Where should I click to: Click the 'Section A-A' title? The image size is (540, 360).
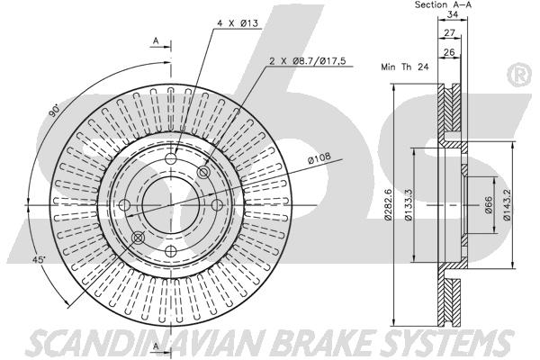(443, 4)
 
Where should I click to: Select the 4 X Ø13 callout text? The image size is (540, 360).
(238, 23)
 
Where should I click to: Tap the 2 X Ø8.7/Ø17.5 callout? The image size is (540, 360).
(307, 61)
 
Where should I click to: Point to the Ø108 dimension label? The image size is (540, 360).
(319, 157)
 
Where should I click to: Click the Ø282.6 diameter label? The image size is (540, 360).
(389, 204)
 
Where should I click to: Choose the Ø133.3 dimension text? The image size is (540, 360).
(409, 204)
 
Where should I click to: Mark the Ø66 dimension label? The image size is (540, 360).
(489, 205)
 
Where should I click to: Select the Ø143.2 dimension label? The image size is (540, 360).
(506, 204)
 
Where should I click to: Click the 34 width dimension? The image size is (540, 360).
(453, 14)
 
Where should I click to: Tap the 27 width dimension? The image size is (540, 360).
(449, 33)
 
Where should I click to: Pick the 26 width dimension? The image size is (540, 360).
(449, 52)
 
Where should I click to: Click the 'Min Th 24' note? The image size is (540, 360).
(405, 67)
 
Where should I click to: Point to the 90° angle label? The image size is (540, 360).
(54, 111)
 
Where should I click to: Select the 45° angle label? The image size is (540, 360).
(39, 260)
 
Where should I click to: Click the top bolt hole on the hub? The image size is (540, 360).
(171, 158)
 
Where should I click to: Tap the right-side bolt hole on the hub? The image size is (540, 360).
(217, 205)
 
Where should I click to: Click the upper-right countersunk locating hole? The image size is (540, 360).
(203, 172)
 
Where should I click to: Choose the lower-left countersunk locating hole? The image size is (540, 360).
(138, 238)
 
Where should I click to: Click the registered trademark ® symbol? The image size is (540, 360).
(519, 75)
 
